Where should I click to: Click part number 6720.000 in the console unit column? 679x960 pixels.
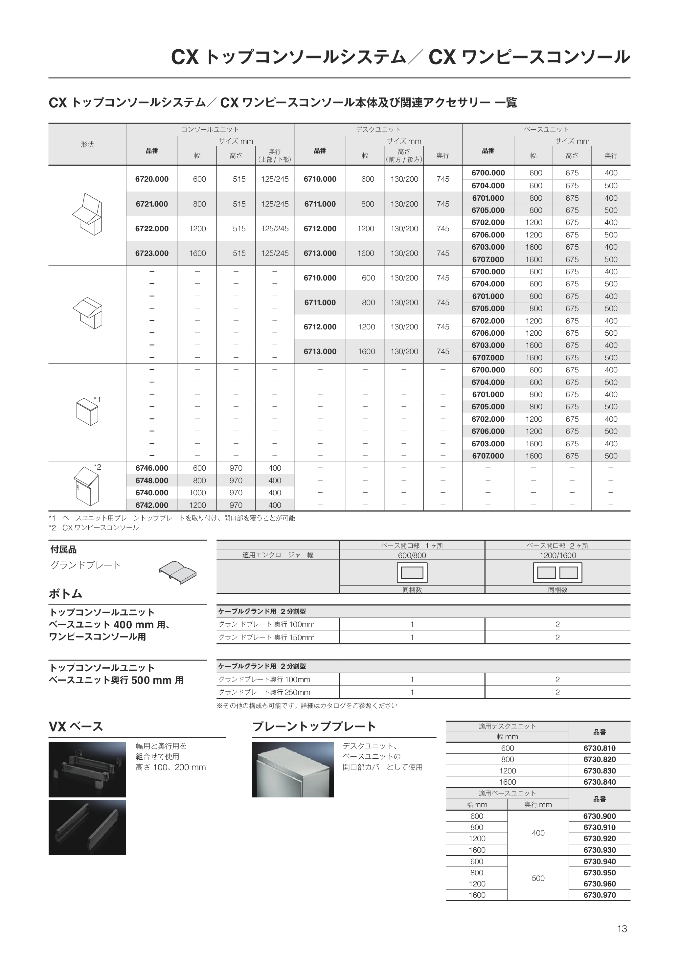[x=152, y=179]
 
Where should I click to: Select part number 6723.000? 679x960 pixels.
[x=152, y=253]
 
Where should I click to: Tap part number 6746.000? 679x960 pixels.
[x=152, y=468]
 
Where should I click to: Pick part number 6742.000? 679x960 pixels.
[x=152, y=505]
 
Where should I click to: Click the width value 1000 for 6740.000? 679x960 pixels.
[x=197, y=493]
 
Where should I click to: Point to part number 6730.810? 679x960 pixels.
[x=599, y=748]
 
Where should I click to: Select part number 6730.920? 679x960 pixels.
[x=599, y=838]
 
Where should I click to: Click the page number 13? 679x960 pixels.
[x=622, y=929]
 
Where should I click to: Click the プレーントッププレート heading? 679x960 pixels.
[x=314, y=727]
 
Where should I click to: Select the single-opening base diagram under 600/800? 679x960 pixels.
[x=412, y=572]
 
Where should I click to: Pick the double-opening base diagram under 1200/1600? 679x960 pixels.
[x=557, y=572]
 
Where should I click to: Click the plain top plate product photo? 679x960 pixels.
[x=293, y=770]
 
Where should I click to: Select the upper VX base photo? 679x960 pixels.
[x=87, y=770]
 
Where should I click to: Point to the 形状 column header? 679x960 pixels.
[x=87, y=144]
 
